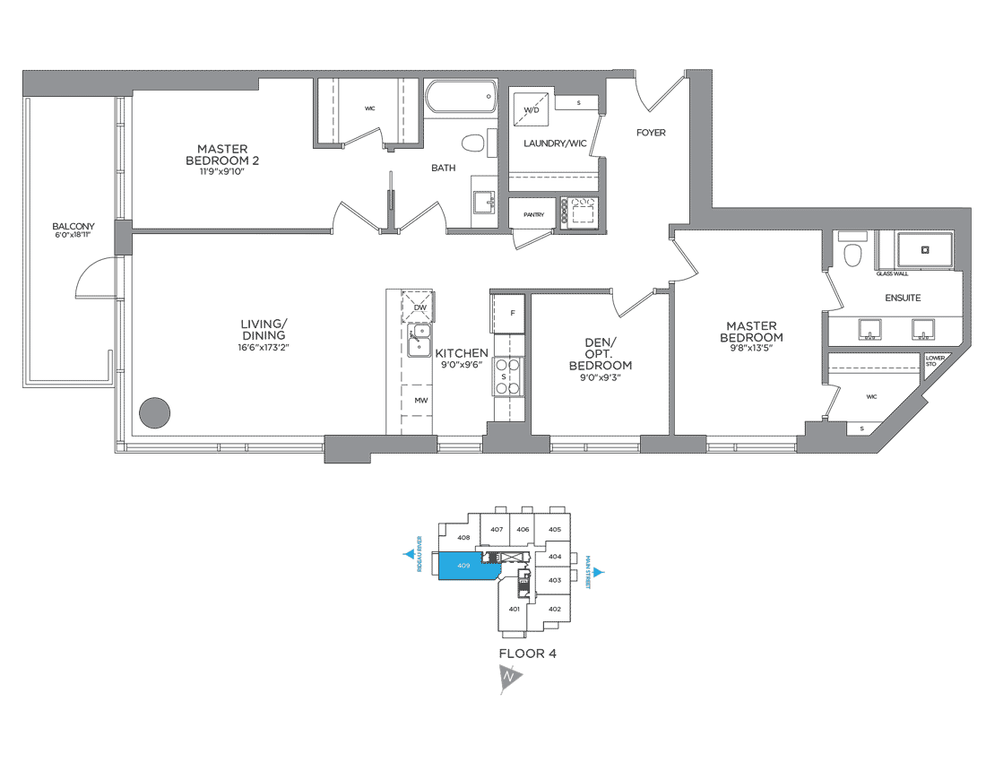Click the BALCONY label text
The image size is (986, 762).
(73, 226)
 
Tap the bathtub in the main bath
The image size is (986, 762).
(461, 96)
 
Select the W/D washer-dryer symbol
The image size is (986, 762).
(531, 113)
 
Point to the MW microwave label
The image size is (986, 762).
(419, 401)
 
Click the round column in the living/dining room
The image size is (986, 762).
(154, 412)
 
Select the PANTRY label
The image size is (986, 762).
(533, 215)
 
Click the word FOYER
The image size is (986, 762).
(651, 133)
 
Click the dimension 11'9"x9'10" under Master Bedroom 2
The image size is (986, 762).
(221, 171)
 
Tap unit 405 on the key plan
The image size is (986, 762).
(554, 529)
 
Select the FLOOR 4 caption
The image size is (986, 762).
(527, 654)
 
